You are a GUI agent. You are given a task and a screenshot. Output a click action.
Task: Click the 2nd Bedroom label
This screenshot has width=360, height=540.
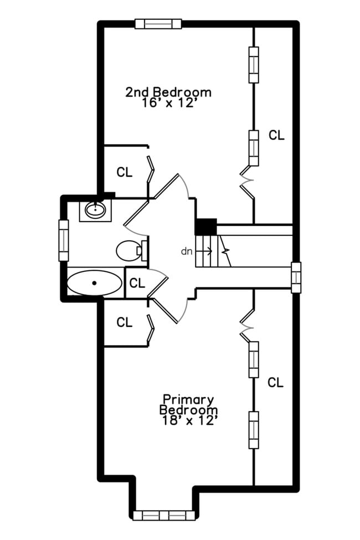point(168,91)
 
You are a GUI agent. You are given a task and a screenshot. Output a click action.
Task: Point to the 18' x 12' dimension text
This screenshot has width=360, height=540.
point(188,420)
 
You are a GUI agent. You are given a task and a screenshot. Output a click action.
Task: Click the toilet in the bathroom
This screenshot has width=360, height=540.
point(130,250)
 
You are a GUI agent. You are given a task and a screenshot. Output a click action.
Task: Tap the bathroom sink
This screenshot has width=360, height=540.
point(96,209)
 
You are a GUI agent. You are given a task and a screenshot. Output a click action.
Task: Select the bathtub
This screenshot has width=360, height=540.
point(94,283)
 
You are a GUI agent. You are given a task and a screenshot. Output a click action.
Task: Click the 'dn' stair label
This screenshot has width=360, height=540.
point(187,251)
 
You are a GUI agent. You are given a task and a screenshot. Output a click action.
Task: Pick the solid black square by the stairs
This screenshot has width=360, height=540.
point(205,227)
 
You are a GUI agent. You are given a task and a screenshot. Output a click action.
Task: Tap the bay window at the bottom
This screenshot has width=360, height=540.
point(164,515)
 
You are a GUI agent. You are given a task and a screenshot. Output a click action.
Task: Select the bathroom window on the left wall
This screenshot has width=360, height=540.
point(64,240)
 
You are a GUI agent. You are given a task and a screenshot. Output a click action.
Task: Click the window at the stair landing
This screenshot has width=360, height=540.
point(296,276)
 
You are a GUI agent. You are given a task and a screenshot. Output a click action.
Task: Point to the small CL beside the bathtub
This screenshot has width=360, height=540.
point(137,284)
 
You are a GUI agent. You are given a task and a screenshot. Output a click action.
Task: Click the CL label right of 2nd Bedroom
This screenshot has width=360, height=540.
point(276,135)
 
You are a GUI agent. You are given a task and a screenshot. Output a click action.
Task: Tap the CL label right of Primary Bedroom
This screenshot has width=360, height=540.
point(275,382)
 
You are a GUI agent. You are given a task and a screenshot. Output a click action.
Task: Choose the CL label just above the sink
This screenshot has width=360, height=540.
point(125,172)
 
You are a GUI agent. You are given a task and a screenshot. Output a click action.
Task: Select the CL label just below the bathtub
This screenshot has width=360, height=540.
point(125,322)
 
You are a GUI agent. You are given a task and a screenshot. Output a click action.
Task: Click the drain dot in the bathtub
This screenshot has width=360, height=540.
point(95,283)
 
